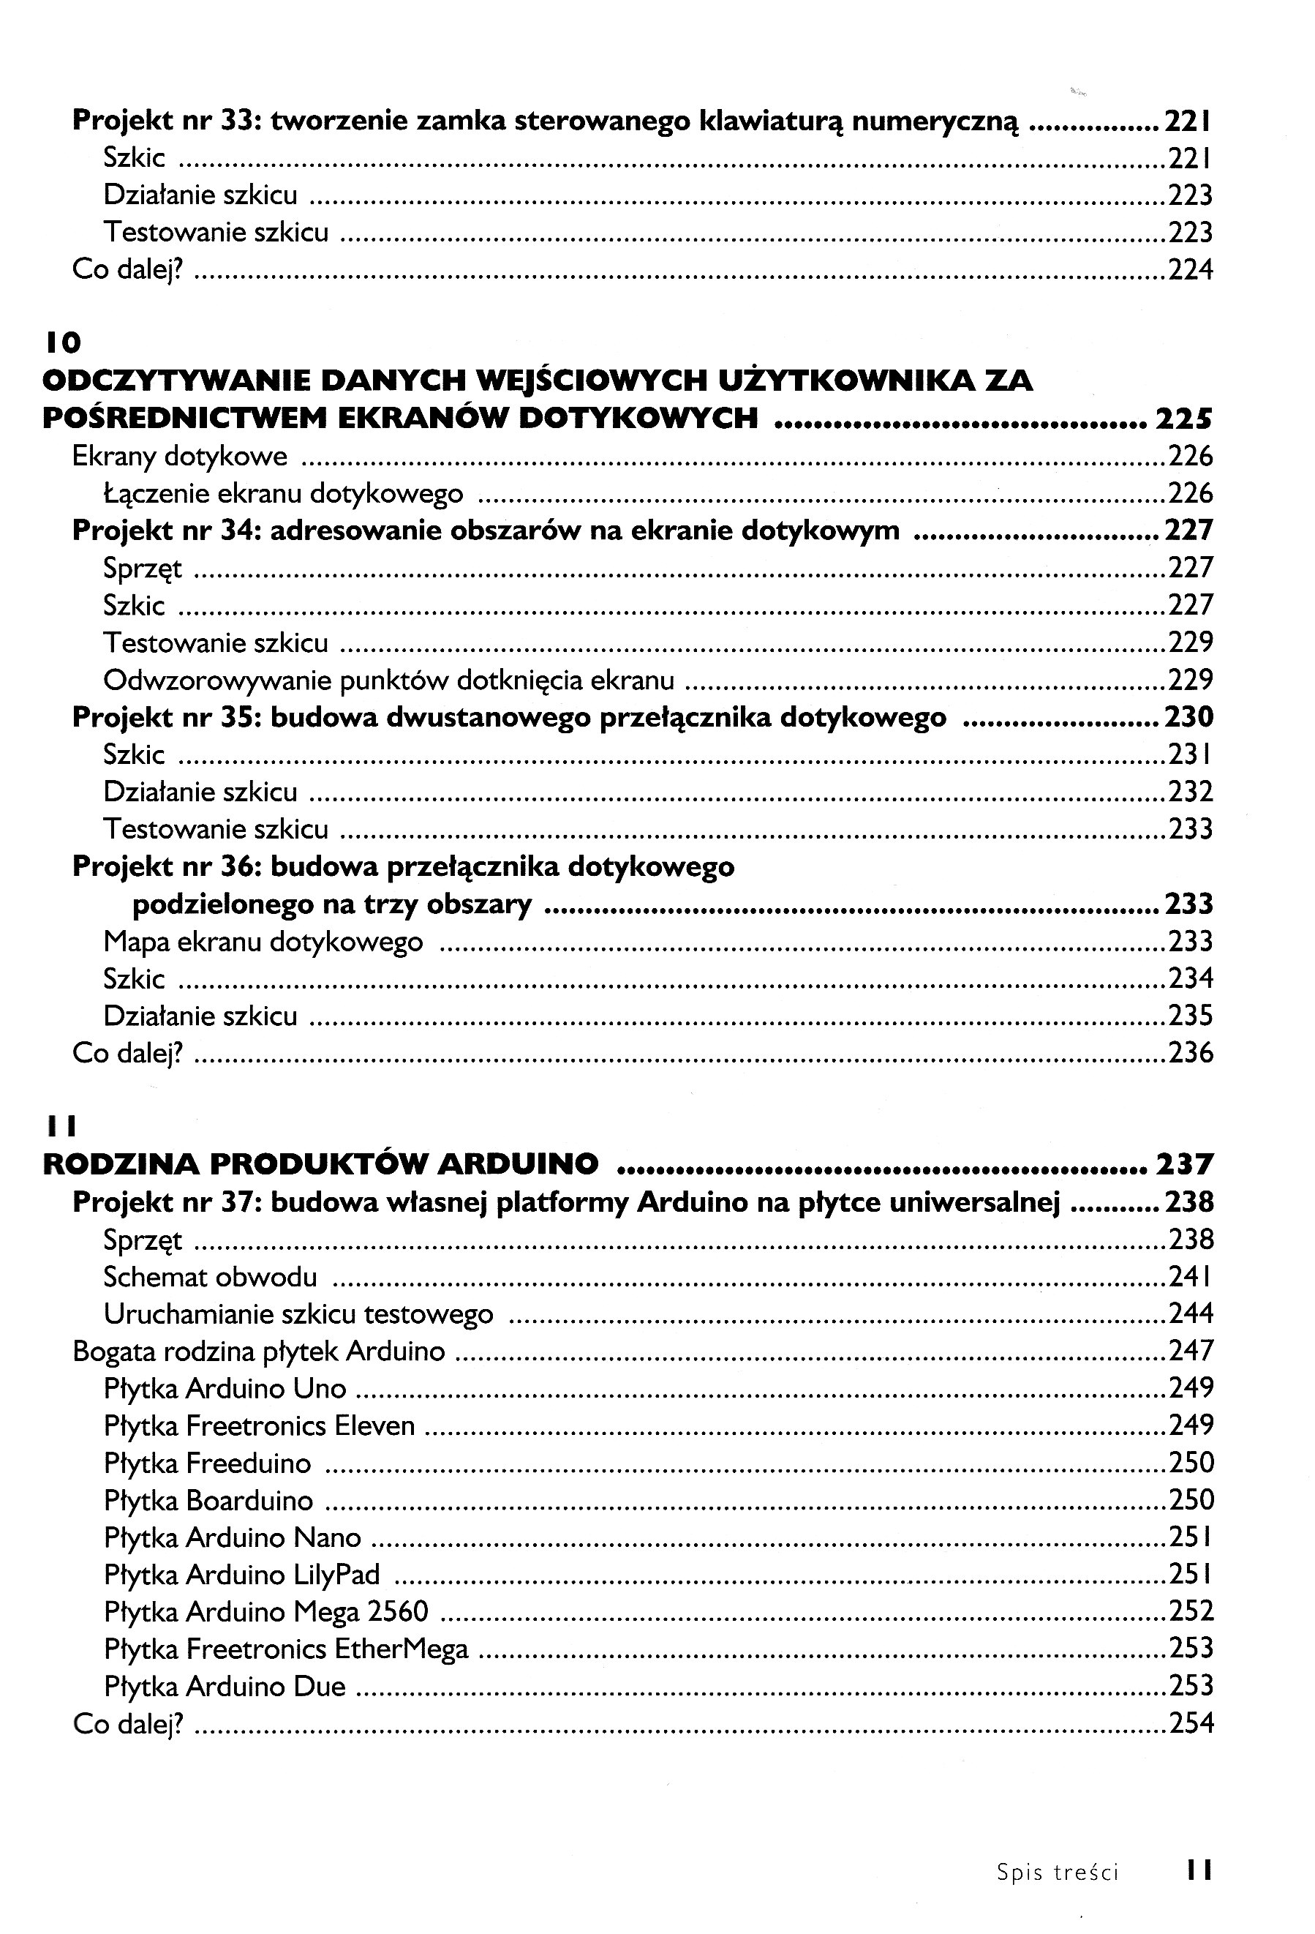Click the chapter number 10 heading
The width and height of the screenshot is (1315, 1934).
point(61,342)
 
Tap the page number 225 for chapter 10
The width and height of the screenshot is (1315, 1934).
point(1183,418)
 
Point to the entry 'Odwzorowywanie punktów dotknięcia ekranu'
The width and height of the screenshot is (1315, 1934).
point(388,680)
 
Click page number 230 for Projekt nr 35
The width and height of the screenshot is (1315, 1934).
point(1188,717)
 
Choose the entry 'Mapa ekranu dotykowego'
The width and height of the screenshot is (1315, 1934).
point(263,941)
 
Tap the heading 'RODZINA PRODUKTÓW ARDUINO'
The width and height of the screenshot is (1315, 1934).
point(320,1164)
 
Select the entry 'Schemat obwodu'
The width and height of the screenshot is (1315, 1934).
point(210,1277)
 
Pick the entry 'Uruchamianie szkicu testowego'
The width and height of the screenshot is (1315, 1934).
point(298,1314)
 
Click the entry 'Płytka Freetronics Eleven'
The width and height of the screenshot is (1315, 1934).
point(259,1425)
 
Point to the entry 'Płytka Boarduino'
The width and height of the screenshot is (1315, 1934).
point(208,1500)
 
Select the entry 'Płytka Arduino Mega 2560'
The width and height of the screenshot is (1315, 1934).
point(265,1612)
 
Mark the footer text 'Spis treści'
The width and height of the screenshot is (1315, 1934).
point(1057,1873)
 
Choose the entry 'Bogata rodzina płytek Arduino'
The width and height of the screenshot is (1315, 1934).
point(259,1352)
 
